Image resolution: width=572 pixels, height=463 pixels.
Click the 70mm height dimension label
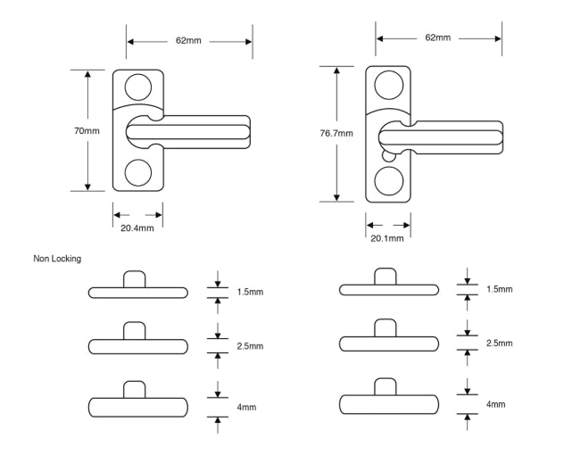(x=87, y=131)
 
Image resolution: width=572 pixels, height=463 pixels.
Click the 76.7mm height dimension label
(x=336, y=134)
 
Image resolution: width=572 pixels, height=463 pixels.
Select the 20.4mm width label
(x=137, y=228)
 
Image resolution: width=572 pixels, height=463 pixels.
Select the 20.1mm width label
(x=386, y=238)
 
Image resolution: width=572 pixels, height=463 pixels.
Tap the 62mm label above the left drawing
(x=188, y=41)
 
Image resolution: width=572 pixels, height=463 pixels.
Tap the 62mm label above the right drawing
(x=437, y=37)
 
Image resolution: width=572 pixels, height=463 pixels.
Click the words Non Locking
(x=57, y=259)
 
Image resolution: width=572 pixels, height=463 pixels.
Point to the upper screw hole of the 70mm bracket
(x=137, y=87)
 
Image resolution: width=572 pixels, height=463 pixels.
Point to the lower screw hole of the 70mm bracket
(x=137, y=171)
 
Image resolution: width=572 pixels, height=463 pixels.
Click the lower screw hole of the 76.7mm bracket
(x=388, y=181)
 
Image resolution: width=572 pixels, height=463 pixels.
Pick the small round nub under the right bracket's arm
(x=386, y=154)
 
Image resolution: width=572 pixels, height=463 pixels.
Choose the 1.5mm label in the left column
(x=251, y=292)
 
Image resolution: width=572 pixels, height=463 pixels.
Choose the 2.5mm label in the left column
(x=251, y=345)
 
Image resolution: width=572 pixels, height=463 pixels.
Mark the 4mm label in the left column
(x=247, y=407)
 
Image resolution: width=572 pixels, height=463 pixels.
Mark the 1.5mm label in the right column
(x=500, y=290)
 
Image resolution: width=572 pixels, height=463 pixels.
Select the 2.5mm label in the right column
(x=500, y=343)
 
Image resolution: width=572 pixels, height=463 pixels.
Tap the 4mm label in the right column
(x=495, y=404)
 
